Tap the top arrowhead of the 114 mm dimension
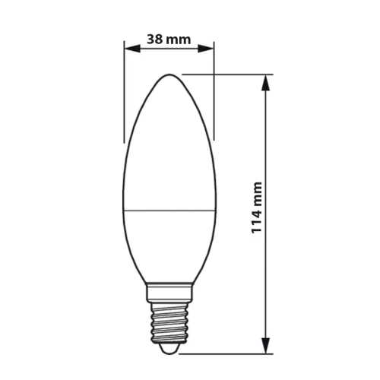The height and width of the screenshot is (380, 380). click(x=266, y=79)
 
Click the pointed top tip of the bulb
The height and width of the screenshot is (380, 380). click(x=169, y=75)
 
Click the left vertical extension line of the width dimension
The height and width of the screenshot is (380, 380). click(x=125, y=99)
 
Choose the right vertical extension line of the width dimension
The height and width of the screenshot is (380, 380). click(x=214, y=99)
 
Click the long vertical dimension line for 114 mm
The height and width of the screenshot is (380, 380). click(x=266, y=152)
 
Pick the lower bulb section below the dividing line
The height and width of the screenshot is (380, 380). click(x=169, y=243)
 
